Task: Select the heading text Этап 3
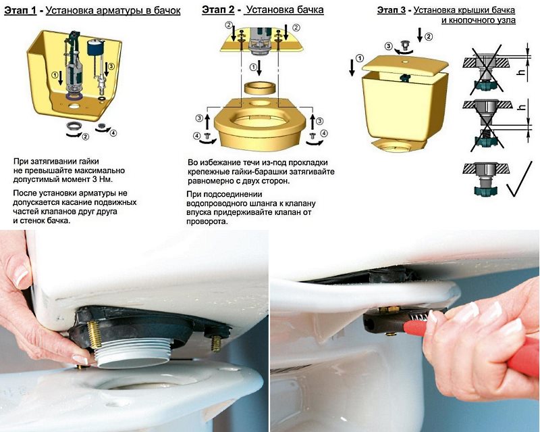pyautogui.click(x=393, y=10)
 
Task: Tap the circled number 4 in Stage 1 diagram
pyautogui.click(x=113, y=133)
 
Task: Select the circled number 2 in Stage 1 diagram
pyautogui.click(x=85, y=137)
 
